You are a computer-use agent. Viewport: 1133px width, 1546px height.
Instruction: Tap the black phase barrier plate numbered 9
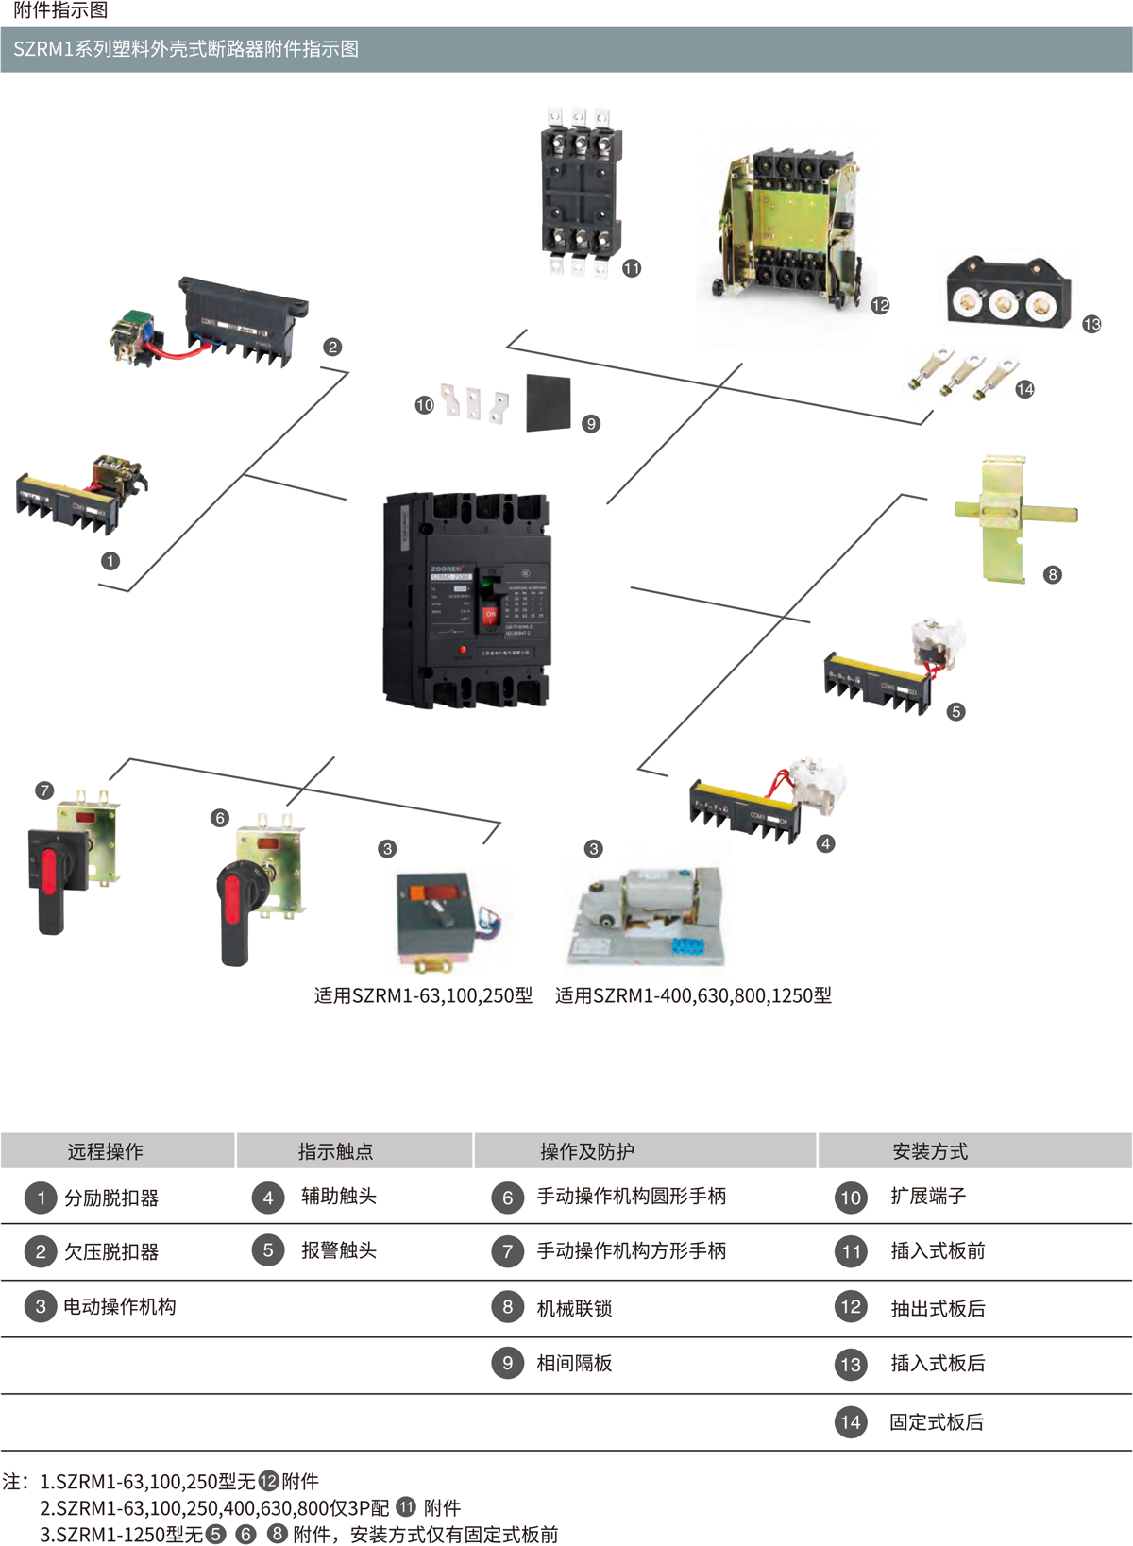click(x=549, y=402)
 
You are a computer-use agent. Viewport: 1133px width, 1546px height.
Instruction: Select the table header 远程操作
click(x=106, y=1151)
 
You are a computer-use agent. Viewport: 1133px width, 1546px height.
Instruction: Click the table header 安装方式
click(x=930, y=1151)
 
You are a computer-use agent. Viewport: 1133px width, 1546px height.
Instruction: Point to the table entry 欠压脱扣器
click(x=111, y=1252)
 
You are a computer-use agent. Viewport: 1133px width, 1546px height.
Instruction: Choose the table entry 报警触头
click(x=339, y=1250)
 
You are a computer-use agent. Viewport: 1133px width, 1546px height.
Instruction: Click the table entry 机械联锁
click(x=574, y=1308)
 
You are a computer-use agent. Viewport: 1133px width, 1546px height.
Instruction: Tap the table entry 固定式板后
click(x=937, y=1422)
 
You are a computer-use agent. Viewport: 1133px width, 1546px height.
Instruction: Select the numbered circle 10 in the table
click(x=851, y=1198)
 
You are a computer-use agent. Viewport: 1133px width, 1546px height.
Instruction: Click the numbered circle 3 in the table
click(x=41, y=1307)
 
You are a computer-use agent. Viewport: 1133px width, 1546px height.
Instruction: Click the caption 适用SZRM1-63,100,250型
click(x=423, y=995)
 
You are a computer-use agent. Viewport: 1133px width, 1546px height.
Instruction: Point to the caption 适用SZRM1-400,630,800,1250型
click(x=693, y=995)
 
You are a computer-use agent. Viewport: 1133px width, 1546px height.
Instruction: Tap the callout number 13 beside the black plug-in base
click(x=1091, y=324)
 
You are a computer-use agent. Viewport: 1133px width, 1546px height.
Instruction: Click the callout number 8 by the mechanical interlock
click(x=1053, y=574)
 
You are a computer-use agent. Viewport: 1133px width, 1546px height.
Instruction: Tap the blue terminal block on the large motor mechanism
click(x=693, y=947)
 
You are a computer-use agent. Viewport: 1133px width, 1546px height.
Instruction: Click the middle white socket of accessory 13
click(x=1003, y=304)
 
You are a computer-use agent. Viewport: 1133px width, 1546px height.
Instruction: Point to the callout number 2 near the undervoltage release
click(x=332, y=347)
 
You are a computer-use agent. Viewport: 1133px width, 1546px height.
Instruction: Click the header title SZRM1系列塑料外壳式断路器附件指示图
click(x=186, y=49)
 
